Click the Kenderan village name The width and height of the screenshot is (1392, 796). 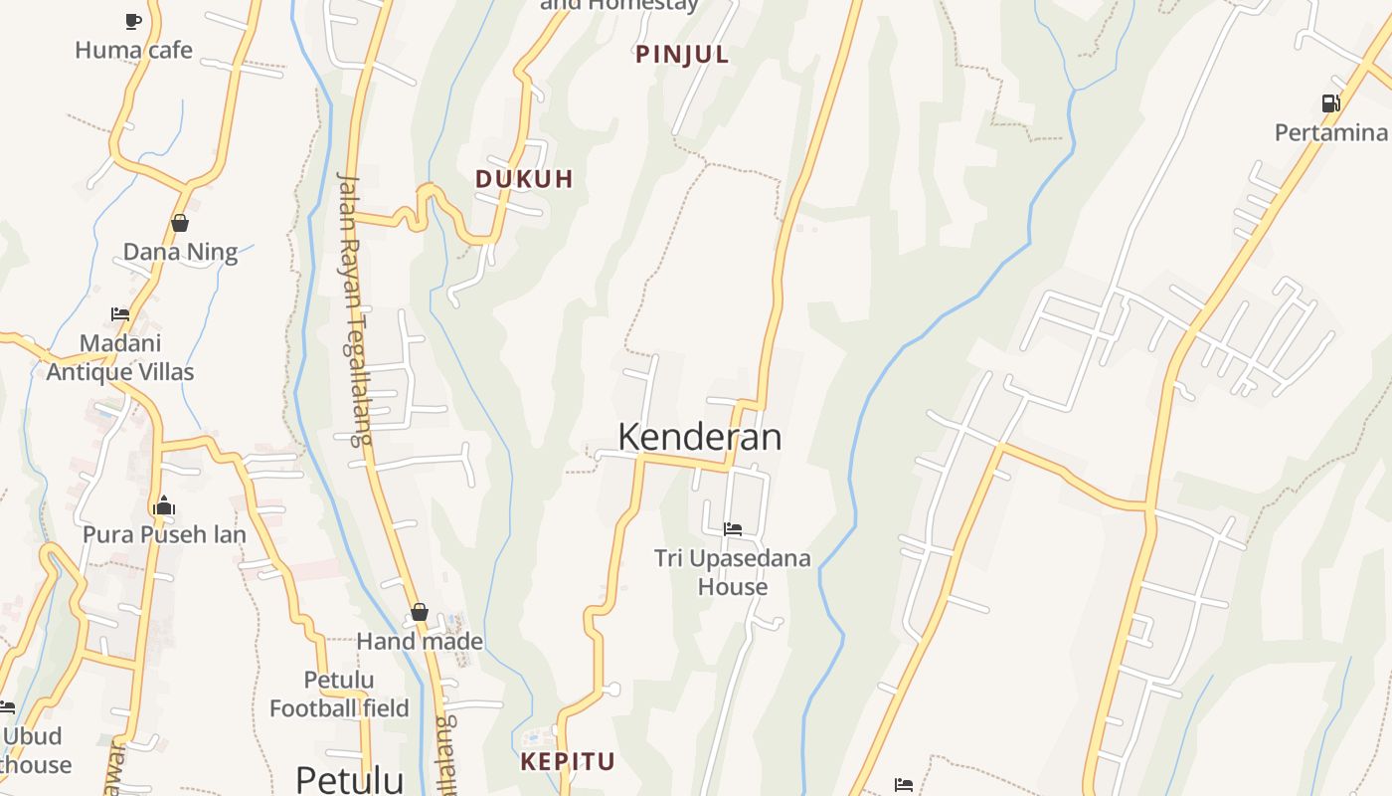coord(699,437)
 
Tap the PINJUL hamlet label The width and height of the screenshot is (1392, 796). coord(682,55)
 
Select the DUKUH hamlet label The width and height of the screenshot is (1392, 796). coord(524,179)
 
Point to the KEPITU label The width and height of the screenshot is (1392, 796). coord(568,762)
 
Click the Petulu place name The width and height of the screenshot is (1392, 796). coord(350,778)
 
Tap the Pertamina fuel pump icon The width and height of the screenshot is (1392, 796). coord(1330,103)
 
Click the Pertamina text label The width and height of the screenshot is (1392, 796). coord(1330,132)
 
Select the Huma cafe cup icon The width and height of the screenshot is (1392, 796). coord(133,21)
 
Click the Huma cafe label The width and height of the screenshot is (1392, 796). coord(133,50)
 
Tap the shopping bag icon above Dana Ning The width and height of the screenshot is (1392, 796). coord(180,223)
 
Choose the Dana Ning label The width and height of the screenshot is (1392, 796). coord(180,252)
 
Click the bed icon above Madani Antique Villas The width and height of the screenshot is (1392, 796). coord(120,314)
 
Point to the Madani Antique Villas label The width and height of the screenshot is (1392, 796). coord(120,357)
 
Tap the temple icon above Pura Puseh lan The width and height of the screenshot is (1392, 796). coord(164,506)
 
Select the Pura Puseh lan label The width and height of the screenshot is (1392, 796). coord(164,534)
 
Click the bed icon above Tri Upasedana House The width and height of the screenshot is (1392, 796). coord(733,529)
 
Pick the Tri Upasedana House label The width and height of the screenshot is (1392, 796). coord(733,572)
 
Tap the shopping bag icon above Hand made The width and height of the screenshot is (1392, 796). coord(420,612)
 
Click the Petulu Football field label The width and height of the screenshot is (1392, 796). coord(339,695)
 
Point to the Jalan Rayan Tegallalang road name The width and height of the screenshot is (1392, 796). coord(353,308)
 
